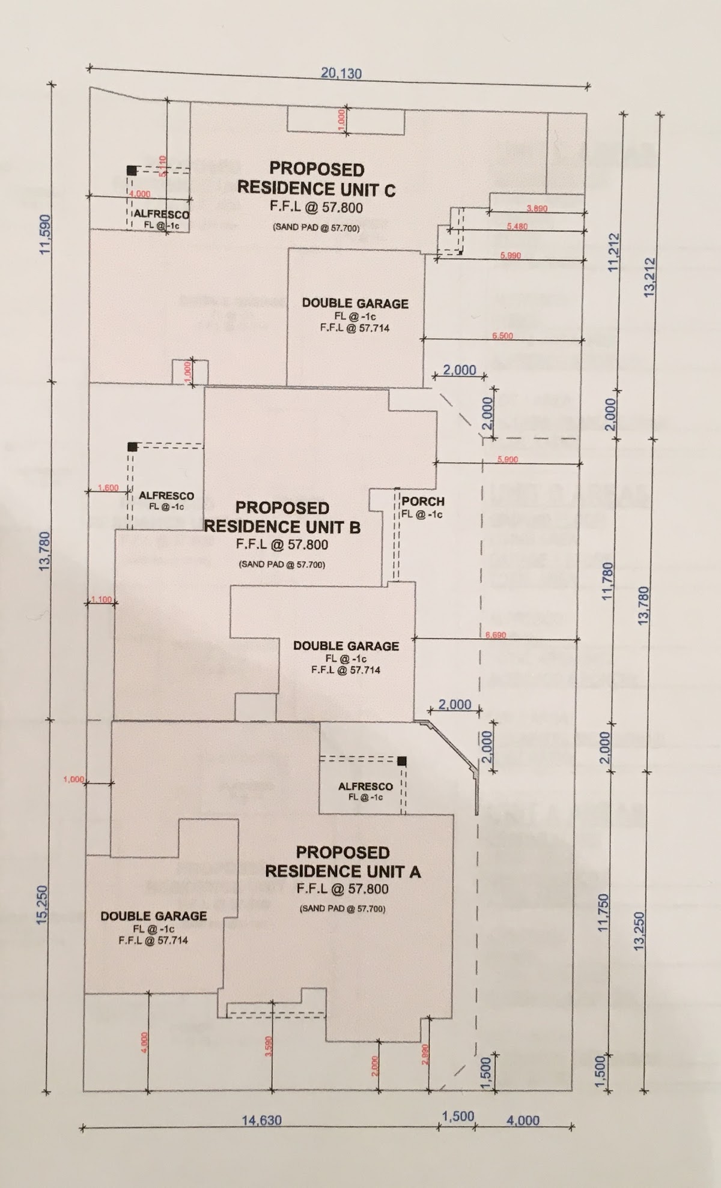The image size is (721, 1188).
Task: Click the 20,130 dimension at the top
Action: pos(341,73)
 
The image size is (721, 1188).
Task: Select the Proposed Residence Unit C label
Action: pos(316,179)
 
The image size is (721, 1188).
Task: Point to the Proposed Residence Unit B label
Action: pos(282,517)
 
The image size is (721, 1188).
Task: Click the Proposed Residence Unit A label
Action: pos(342,861)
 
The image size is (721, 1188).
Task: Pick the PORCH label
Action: pos(423,501)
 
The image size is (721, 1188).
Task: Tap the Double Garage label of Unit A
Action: pos(154,916)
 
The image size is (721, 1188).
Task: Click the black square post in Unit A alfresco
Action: pos(402,761)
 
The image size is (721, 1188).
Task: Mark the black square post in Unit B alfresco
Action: pos(132,447)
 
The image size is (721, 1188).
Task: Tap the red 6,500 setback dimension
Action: pos(502,336)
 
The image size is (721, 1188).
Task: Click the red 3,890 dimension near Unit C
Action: pos(537,208)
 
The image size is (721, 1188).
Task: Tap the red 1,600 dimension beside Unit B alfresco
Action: pos(108,488)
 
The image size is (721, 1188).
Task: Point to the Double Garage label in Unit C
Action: pos(355,304)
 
